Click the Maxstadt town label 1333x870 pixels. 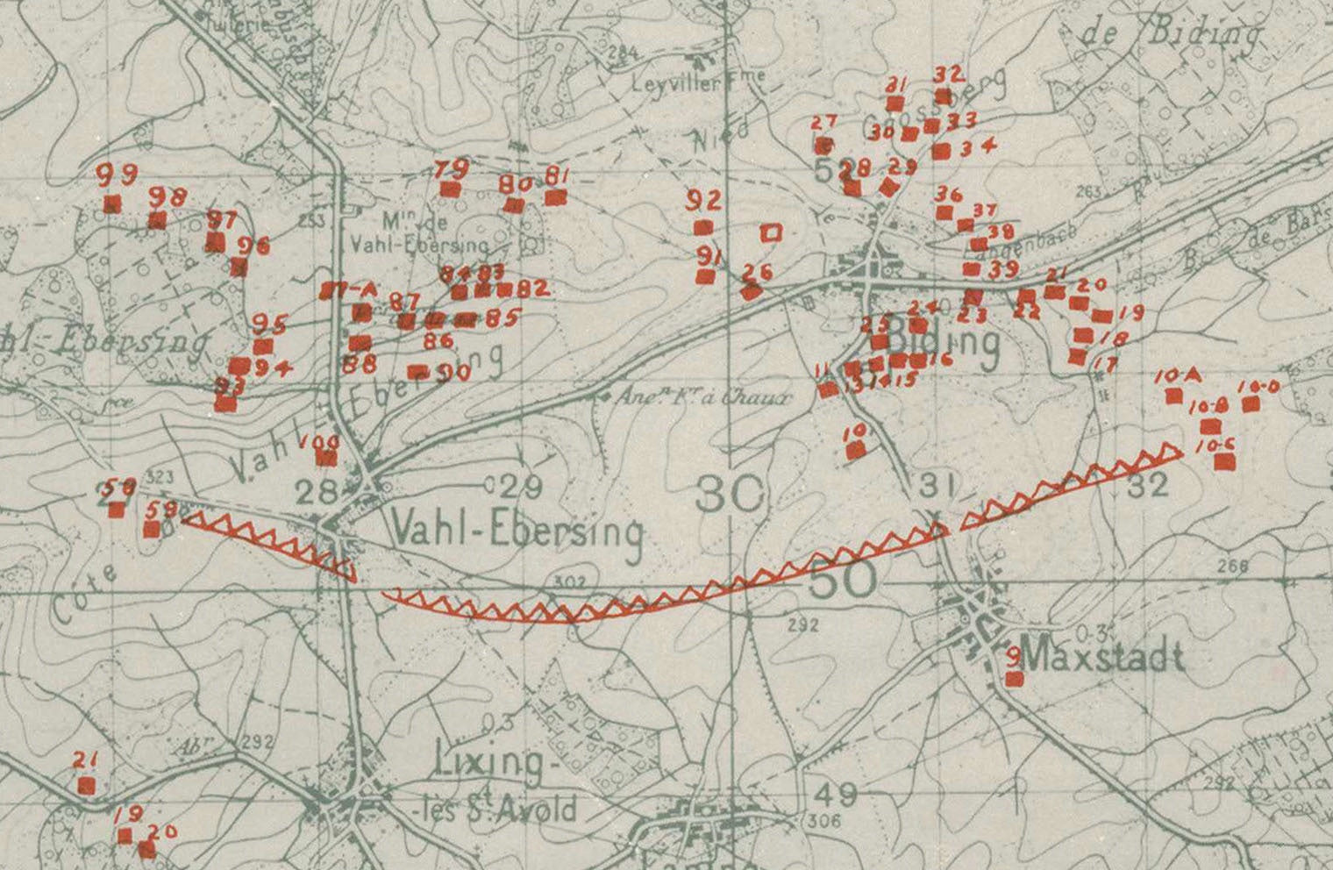click(1103, 657)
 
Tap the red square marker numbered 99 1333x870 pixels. click(111, 204)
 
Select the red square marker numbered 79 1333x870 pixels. click(450, 189)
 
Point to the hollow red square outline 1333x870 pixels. click(771, 232)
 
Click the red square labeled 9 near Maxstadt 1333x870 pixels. click(1015, 678)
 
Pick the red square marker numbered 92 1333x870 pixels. click(702, 228)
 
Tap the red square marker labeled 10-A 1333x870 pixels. click(1173, 396)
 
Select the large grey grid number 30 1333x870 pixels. click(730, 496)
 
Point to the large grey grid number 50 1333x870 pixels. click(841, 580)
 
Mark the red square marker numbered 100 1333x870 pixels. click(326, 457)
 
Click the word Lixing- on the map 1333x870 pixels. click(489, 762)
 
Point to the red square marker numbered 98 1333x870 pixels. click(157, 219)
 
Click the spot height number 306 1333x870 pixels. click(821, 821)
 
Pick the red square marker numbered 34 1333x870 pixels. click(941, 151)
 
